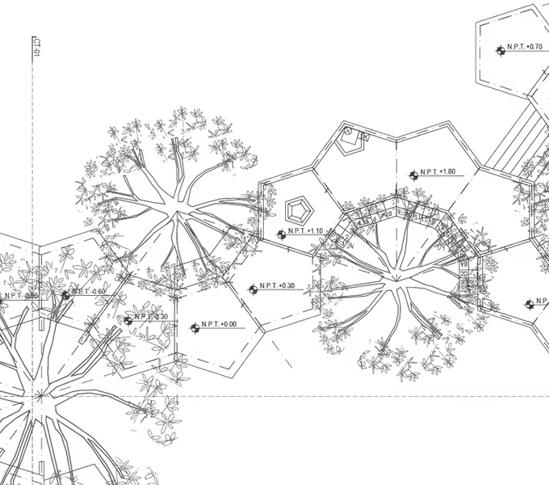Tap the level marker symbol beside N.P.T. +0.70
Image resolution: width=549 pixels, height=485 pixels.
point(501,50)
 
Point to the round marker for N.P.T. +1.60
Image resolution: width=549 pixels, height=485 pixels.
point(413,175)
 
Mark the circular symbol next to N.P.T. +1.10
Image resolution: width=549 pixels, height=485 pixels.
point(281,234)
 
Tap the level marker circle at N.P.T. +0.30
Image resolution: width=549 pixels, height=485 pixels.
point(253,289)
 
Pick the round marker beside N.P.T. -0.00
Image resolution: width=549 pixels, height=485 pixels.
point(195,327)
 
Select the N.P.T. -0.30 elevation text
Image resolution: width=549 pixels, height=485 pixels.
point(153,318)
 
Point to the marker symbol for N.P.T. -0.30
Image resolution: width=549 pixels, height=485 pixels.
point(128,321)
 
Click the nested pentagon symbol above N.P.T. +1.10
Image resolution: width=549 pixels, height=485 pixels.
point(300,207)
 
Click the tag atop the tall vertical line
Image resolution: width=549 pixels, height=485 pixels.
point(36,45)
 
